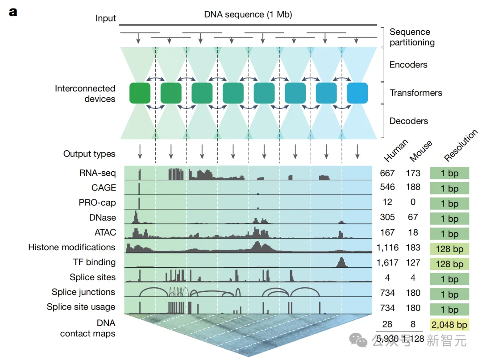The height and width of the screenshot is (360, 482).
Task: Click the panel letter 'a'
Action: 13,12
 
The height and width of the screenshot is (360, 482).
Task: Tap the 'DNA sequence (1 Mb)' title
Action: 248,14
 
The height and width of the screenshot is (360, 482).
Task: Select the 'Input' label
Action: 105,18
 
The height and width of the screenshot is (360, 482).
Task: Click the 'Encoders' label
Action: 408,65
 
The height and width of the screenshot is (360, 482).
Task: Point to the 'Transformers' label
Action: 416,93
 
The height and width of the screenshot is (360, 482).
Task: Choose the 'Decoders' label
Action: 409,121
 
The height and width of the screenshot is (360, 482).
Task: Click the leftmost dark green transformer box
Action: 140,93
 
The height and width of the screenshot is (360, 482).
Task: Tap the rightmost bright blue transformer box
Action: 357,93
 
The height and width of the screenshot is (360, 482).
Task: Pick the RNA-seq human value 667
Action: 387,173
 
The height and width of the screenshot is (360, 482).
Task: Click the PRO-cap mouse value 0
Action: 413,202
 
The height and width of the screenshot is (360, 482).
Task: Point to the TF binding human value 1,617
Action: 387,262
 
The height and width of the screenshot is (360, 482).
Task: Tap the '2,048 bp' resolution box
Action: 449,325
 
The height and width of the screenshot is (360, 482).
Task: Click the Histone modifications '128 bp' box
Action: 449,249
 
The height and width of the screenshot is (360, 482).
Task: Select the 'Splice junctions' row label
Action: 83,292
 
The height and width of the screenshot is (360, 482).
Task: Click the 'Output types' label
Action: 89,154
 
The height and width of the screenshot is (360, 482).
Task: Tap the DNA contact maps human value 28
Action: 387,323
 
